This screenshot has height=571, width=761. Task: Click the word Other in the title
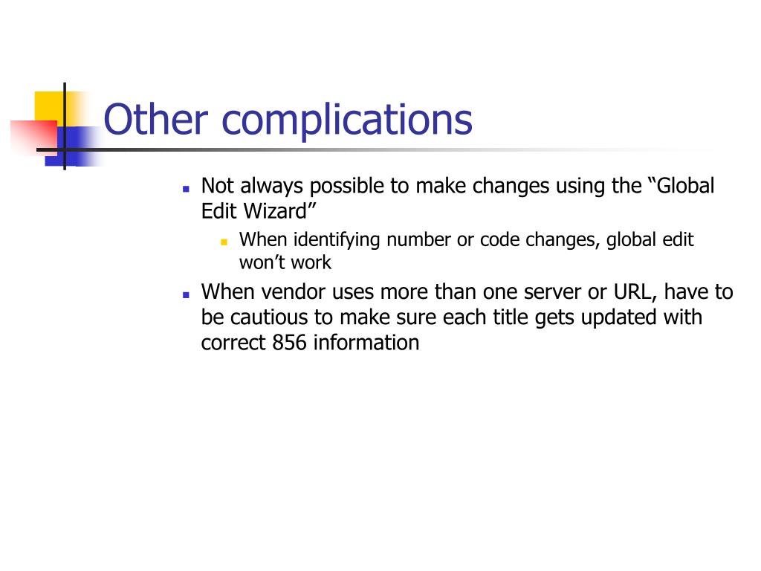156,119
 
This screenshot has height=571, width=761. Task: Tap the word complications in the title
347,122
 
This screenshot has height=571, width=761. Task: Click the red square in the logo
34,137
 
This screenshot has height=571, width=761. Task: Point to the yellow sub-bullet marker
224,242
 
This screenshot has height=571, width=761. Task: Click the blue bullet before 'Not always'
186,189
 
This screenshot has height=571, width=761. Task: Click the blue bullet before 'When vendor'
186,294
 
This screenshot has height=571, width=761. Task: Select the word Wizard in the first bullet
275,211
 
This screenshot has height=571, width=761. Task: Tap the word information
366,342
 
